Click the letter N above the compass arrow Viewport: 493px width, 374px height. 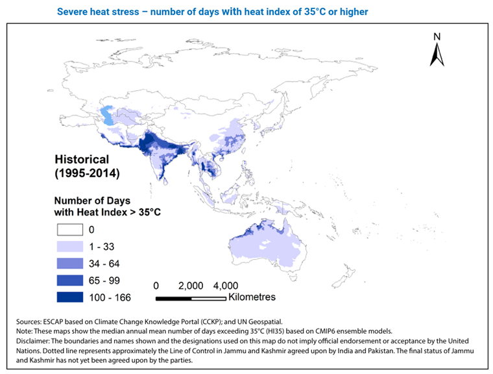click(x=437, y=36)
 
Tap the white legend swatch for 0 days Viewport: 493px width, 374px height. click(x=69, y=229)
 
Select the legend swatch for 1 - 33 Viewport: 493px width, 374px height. click(x=69, y=246)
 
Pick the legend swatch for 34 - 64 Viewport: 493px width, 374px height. click(x=69, y=263)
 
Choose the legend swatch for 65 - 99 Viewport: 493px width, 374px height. click(x=69, y=280)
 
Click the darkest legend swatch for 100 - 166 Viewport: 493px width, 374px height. click(x=69, y=297)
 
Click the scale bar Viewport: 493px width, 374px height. click(x=191, y=298)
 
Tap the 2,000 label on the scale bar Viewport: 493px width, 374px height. click(x=191, y=286)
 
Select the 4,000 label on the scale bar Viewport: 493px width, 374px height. click(x=225, y=286)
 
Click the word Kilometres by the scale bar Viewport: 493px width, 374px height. click(x=252, y=297)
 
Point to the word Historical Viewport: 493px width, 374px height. click(x=82, y=159)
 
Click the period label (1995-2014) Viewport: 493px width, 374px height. click(x=87, y=173)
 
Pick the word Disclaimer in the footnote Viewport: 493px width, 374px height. click(x=34, y=340)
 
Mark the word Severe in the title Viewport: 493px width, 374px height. click(x=72, y=12)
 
